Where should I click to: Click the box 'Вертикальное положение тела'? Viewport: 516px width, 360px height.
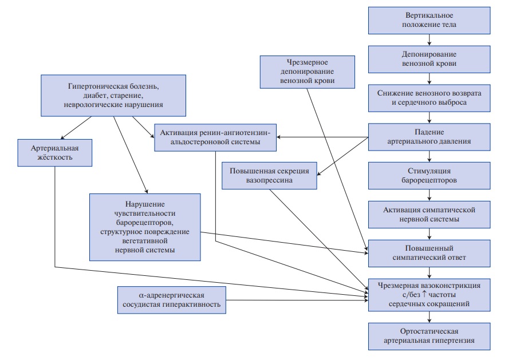point(429,21)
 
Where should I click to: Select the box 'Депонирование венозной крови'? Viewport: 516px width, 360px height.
point(429,59)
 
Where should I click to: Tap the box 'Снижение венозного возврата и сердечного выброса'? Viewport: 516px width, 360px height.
point(429,98)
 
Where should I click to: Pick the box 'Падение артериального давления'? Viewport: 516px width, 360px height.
point(429,137)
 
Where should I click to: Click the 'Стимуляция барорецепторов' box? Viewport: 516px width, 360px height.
point(429,176)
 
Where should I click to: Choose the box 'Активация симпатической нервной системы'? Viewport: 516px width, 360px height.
point(429,215)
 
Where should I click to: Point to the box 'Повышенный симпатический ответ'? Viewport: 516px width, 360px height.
point(429,253)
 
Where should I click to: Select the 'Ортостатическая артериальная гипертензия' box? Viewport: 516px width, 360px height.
point(429,336)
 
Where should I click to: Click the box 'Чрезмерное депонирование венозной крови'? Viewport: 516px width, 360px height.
point(308,72)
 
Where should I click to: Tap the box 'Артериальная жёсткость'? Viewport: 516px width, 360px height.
point(54,153)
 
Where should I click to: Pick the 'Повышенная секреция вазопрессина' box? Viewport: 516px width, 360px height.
point(269,176)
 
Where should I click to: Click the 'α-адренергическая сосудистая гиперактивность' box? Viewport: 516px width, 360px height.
point(172,300)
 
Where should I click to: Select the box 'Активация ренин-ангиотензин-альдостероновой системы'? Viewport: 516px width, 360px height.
point(215,137)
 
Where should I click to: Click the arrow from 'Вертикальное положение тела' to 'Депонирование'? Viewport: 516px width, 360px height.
point(429,40)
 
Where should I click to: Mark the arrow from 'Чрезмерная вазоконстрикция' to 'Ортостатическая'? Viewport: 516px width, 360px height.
point(429,317)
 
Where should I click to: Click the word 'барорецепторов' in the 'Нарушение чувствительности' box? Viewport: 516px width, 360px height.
point(145,222)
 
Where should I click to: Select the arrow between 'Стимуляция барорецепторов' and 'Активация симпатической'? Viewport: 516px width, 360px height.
point(429,195)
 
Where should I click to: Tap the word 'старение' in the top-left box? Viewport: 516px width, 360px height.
point(127,96)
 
